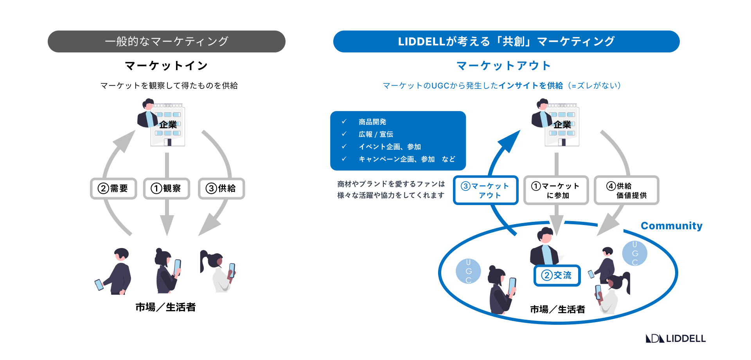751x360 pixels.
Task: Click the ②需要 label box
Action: pos(113,189)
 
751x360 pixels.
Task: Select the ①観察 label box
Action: pos(167,189)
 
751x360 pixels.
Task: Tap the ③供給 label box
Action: pos(221,189)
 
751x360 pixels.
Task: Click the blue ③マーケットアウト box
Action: pos(485,191)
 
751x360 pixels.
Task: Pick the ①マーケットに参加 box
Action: pos(556,191)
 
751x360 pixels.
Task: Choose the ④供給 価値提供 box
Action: pos(626,191)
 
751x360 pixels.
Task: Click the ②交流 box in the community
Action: pos(557,275)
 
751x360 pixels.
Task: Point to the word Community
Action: pos(671,226)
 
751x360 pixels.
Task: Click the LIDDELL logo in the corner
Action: pos(676,338)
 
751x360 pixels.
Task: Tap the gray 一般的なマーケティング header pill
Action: pos(167,41)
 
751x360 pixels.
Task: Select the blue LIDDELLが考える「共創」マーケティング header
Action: pos(506,41)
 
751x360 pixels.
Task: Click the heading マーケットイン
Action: pos(167,66)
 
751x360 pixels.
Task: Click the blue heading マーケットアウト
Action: pos(504,66)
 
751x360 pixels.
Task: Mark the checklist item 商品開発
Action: pos(372,122)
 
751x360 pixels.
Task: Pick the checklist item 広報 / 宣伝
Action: pos(375,135)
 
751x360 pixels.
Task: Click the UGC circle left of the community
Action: pos(468,271)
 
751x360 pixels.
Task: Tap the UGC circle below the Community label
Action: pos(634,253)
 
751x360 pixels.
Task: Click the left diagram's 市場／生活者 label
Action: pos(165,307)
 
